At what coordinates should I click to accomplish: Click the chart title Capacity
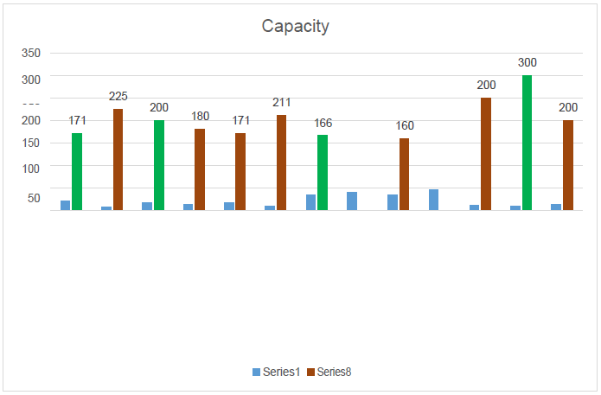(296, 26)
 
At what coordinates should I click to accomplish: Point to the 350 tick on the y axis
(31, 53)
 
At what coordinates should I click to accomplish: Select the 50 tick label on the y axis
(34, 198)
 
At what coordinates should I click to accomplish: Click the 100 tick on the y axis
(31, 169)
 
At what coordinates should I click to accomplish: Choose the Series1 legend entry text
(281, 372)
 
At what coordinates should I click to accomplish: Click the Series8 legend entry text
(334, 372)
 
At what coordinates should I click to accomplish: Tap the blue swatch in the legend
(256, 372)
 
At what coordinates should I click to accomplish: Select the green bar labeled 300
(527, 143)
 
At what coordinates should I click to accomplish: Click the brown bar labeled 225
(118, 159)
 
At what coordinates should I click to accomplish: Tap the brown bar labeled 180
(200, 169)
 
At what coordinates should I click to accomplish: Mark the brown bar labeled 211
(281, 162)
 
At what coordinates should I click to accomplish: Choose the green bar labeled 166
(323, 172)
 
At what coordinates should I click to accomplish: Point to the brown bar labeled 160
(404, 174)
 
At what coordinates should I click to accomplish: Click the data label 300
(527, 63)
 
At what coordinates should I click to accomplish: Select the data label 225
(118, 96)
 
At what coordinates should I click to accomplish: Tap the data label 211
(282, 103)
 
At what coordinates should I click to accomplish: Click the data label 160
(405, 126)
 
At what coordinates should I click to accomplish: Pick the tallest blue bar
(433, 200)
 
